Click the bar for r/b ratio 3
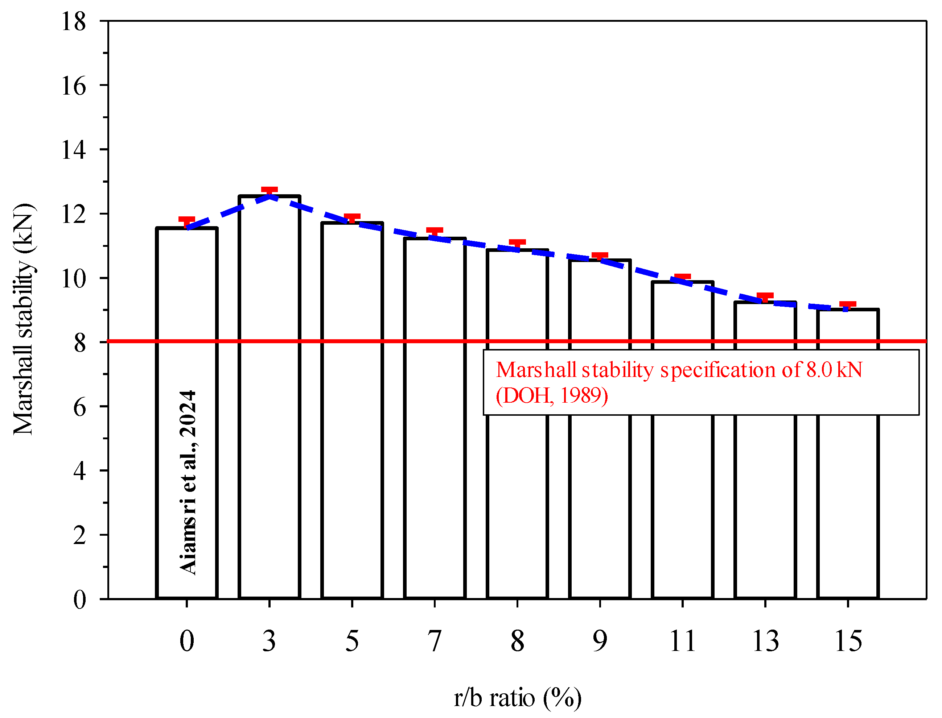[x=270, y=398]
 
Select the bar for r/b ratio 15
[x=848, y=470]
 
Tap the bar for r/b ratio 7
[x=435, y=419]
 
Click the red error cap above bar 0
[x=187, y=220]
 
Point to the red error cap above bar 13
[x=765, y=296]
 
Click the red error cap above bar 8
[x=517, y=242]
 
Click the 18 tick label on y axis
[x=74, y=21]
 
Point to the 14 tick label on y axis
[x=74, y=150]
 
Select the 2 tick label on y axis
[x=79, y=535]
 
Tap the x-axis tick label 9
[x=600, y=642]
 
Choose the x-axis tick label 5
[x=352, y=642]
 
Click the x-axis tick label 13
[x=765, y=642]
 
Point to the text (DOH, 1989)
[x=552, y=395]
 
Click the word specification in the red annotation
[x=718, y=370]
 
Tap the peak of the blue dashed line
[x=270, y=196]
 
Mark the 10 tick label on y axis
[x=74, y=279]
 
